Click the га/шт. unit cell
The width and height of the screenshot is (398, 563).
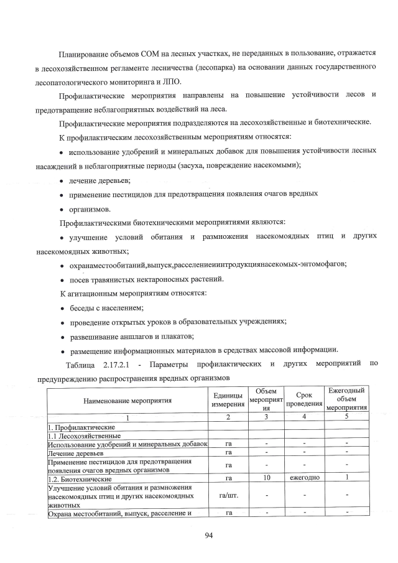tap(228, 495)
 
